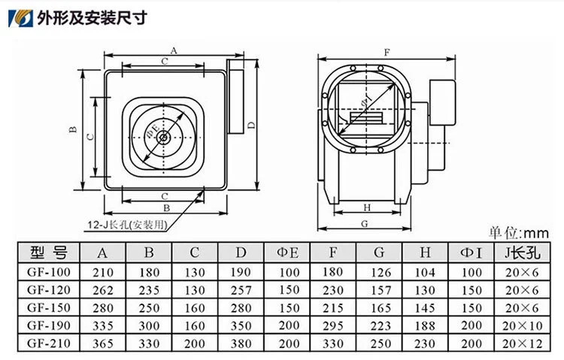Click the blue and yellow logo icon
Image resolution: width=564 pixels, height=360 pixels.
[x=20, y=18]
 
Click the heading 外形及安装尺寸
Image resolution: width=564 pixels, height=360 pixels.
[x=92, y=18]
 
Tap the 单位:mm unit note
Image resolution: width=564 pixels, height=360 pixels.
[x=518, y=233]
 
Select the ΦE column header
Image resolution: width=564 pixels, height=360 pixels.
[x=287, y=253]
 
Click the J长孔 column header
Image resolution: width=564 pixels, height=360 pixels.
[x=523, y=253]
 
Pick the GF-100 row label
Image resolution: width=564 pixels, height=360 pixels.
[x=49, y=272]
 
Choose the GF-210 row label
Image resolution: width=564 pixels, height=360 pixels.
[x=49, y=343]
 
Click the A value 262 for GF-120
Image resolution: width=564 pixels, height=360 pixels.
[x=103, y=290]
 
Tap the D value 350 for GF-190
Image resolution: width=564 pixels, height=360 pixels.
[x=241, y=325]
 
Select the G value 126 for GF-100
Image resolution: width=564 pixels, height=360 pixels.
[x=381, y=272]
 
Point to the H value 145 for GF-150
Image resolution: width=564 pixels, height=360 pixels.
[x=425, y=308]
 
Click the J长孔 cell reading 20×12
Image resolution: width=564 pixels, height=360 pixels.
[x=523, y=343]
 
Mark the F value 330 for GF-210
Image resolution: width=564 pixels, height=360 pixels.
[x=332, y=343]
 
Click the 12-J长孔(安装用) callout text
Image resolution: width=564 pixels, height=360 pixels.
[x=128, y=225]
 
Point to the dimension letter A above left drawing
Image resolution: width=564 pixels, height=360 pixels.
[x=174, y=50]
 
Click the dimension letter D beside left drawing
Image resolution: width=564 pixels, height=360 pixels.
[x=251, y=126]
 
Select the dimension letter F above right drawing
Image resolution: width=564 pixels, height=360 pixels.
[x=387, y=53]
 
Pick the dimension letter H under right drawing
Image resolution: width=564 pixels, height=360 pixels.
[x=367, y=207]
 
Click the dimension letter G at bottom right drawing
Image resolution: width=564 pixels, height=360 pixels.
[x=365, y=224]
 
